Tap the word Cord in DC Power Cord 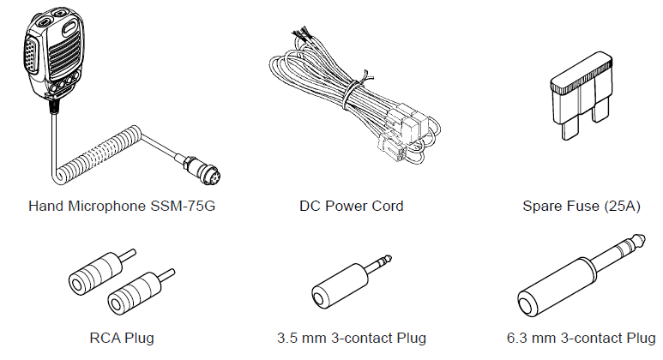point(386,207)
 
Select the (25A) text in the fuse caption point(620,207)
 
